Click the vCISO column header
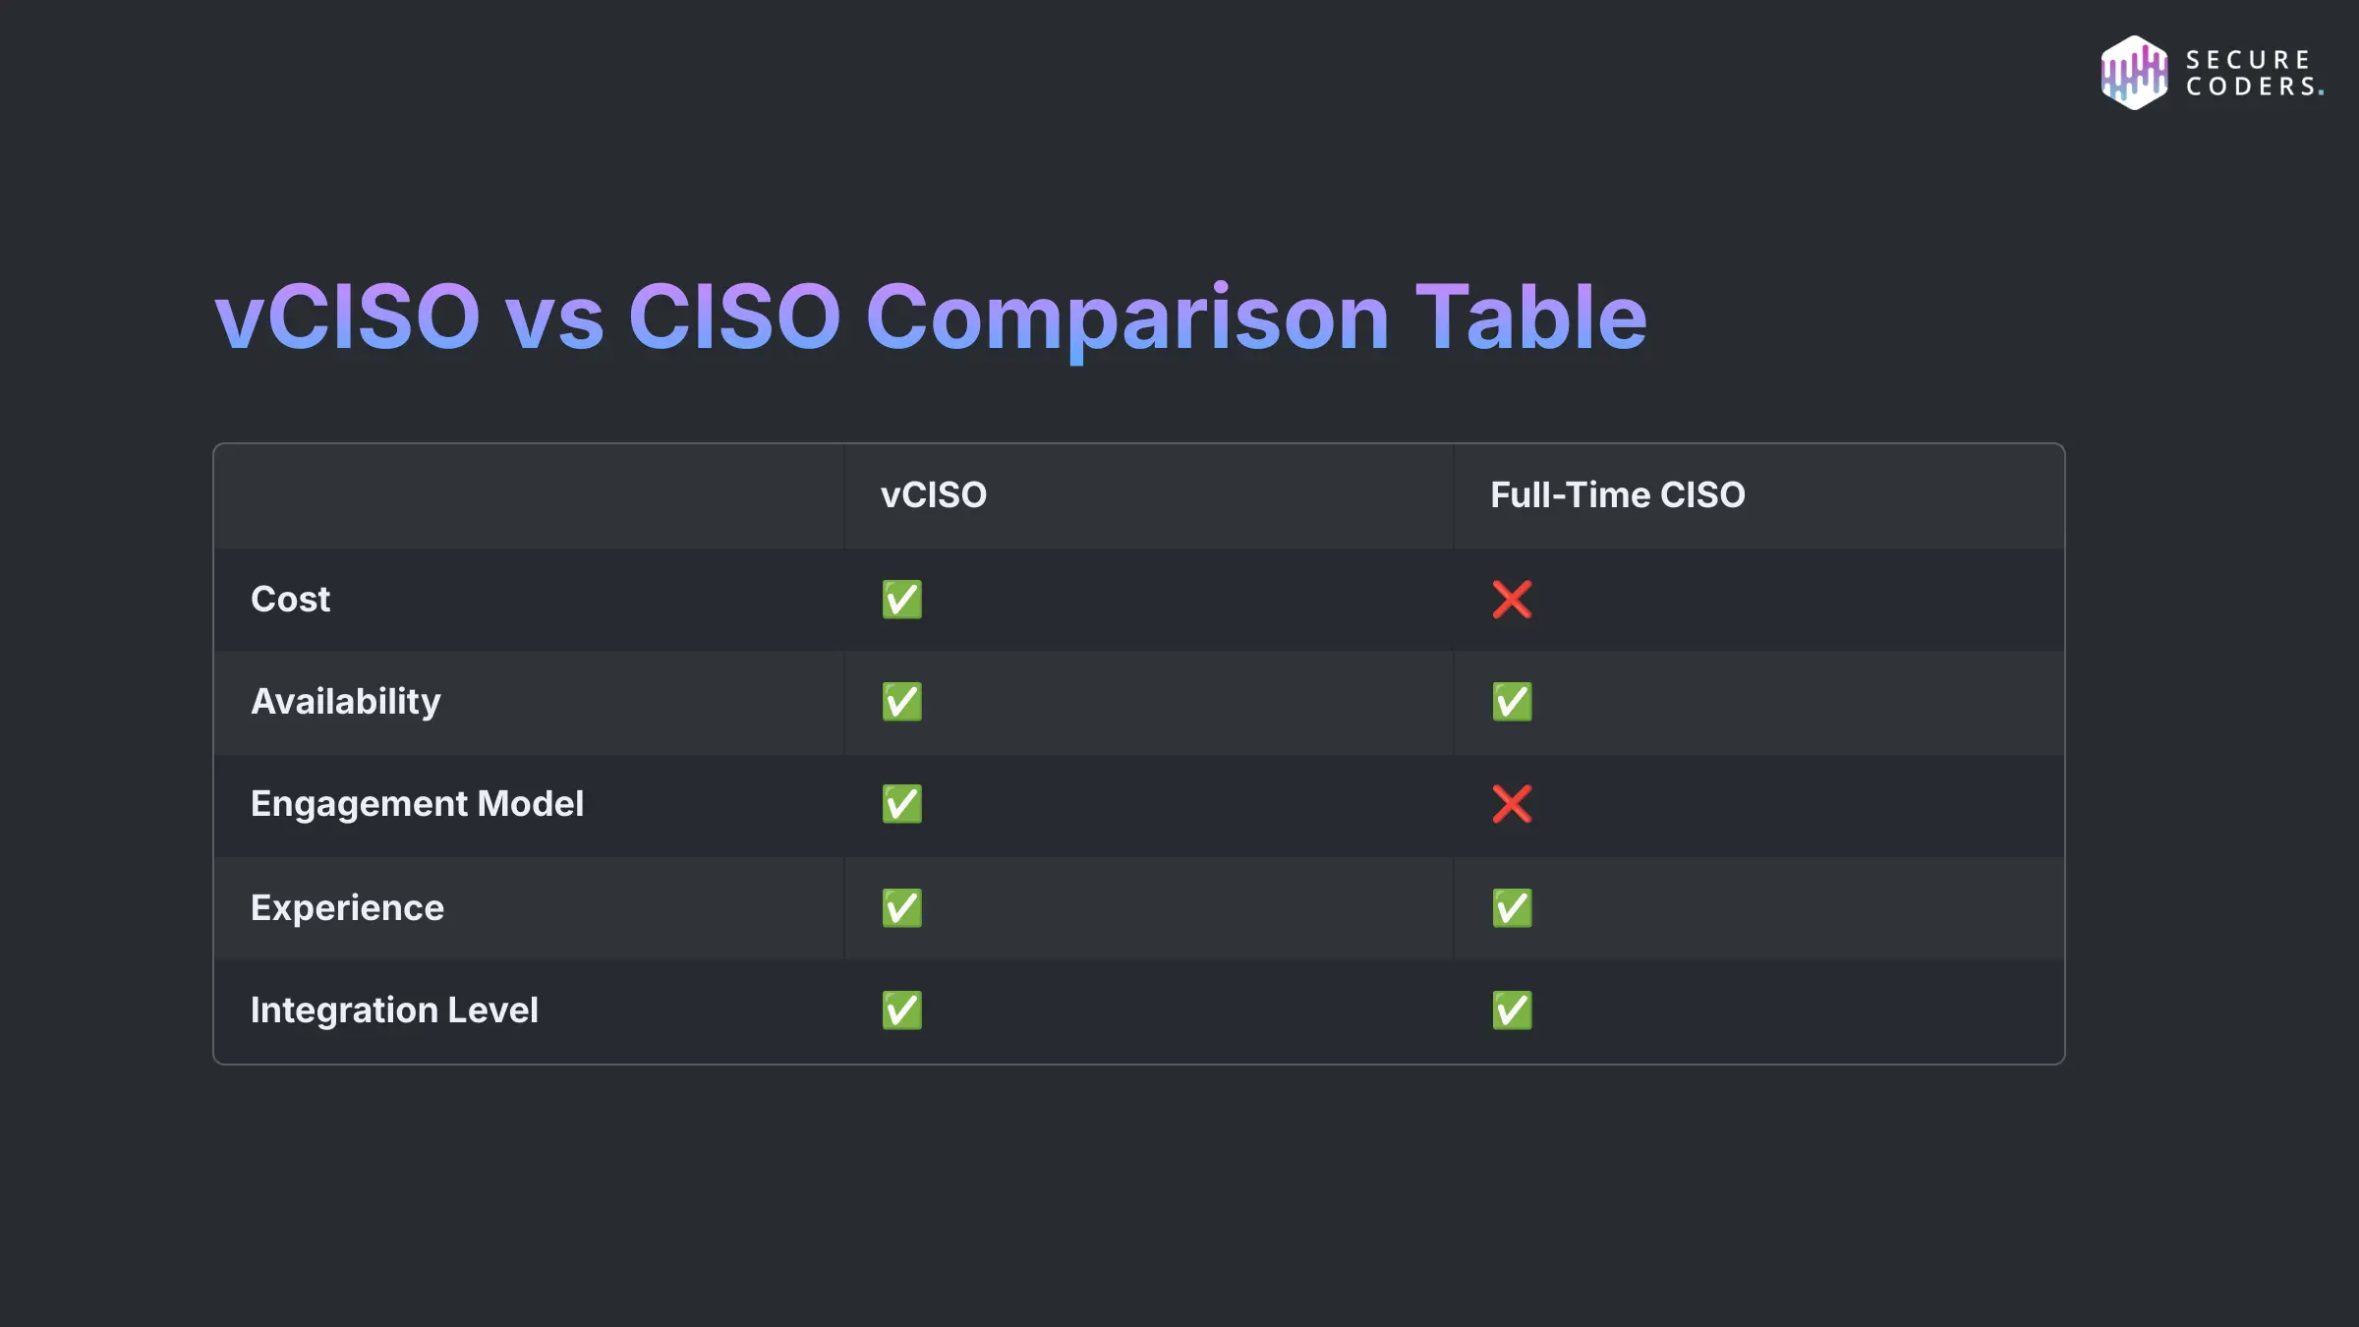(933, 495)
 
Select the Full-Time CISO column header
(1617, 495)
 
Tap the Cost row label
(290, 600)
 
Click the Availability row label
(345, 702)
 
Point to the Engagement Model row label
(417, 804)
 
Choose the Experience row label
(347, 908)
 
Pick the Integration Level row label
(394, 1010)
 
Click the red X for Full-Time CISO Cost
(1512, 600)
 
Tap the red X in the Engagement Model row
(1512, 804)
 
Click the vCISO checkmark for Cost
(901, 600)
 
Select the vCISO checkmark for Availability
(901, 702)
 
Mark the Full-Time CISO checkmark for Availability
(1512, 702)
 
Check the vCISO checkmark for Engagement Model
(901, 804)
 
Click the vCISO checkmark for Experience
(901, 908)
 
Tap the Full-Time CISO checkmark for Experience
(1512, 908)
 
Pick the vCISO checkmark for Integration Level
(901, 1010)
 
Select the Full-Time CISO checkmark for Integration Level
(1512, 1010)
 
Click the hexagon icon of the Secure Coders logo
(2133, 73)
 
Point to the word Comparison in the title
(1126, 318)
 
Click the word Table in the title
(1530, 317)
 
